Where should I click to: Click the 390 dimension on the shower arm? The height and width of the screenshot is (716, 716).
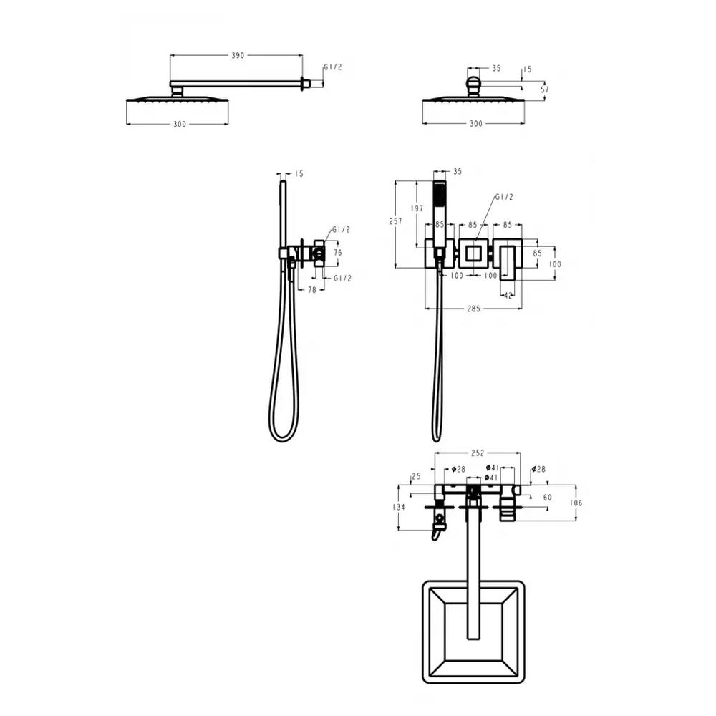pyautogui.click(x=238, y=55)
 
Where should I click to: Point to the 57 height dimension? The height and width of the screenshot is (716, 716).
pyautogui.click(x=545, y=90)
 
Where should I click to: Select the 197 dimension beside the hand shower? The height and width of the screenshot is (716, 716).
pyautogui.click(x=417, y=208)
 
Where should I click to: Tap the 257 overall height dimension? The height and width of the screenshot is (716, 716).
pyautogui.click(x=395, y=221)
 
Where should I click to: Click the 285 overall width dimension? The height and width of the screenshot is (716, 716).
pyautogui.click(x=473, y=309)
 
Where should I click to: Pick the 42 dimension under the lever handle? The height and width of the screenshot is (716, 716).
pyautogui.click(x=508, y=296)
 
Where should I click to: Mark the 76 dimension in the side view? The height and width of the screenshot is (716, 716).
pyautogui.click(x=337, y=253)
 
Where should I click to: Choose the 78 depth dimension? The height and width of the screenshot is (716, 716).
pyautogui.click(x=312, y=289)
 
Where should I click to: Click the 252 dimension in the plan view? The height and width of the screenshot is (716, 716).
pyautogui.click(x=477, y=453)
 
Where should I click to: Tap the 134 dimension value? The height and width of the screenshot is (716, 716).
pyautogui.click(x=399, y=507)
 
